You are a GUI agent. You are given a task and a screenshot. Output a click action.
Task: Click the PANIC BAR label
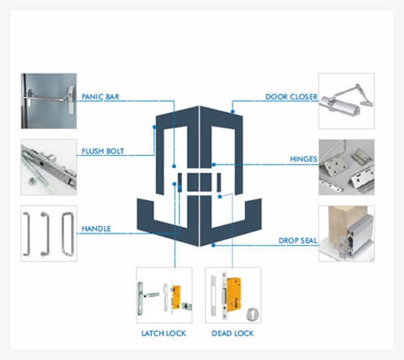(100, 97)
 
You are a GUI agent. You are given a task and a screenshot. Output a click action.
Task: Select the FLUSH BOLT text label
(103, 151)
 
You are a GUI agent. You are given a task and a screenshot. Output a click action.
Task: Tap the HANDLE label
(96, 228)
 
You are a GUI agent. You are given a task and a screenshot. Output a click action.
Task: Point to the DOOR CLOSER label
(291, 97)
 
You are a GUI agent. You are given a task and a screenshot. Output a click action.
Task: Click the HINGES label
(303, 159)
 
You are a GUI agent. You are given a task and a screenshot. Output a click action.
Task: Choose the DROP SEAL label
(297, 241)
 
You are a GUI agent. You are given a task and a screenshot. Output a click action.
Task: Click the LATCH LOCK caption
(163, 333)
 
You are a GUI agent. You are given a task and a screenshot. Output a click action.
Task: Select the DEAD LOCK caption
(233, 333)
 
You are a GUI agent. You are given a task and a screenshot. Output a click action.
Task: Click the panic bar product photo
(48, 101)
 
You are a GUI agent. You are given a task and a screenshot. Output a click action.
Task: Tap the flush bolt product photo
(48, 167)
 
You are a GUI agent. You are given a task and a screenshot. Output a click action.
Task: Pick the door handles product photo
(48, 233)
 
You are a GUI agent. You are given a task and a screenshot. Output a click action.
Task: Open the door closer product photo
(347, 101)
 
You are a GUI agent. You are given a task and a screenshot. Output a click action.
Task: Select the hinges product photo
(347, 167)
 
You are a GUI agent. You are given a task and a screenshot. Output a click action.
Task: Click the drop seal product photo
(347, 233)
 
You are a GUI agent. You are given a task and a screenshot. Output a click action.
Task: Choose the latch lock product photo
(164, 295)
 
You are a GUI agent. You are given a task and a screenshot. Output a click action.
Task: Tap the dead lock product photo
(234, 295)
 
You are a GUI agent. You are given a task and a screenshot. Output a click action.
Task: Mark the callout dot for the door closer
(233, 111)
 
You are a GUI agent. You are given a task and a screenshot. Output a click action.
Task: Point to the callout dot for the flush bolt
(154, 127)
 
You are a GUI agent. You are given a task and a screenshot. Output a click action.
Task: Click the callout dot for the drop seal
(213, 245)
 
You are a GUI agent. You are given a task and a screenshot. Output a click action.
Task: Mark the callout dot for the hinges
(213, 165)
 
